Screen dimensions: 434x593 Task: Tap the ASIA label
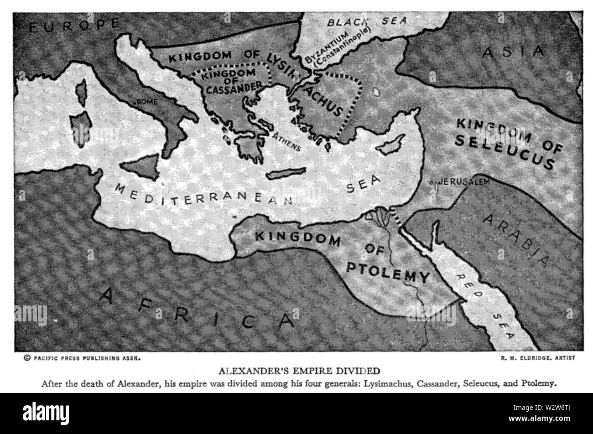(514, 52)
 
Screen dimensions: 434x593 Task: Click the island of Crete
(286, 174)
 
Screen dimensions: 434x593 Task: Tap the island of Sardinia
(81, 129)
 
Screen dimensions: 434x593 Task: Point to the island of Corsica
(82, 93)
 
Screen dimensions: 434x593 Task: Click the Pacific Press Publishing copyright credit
(82, 358)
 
